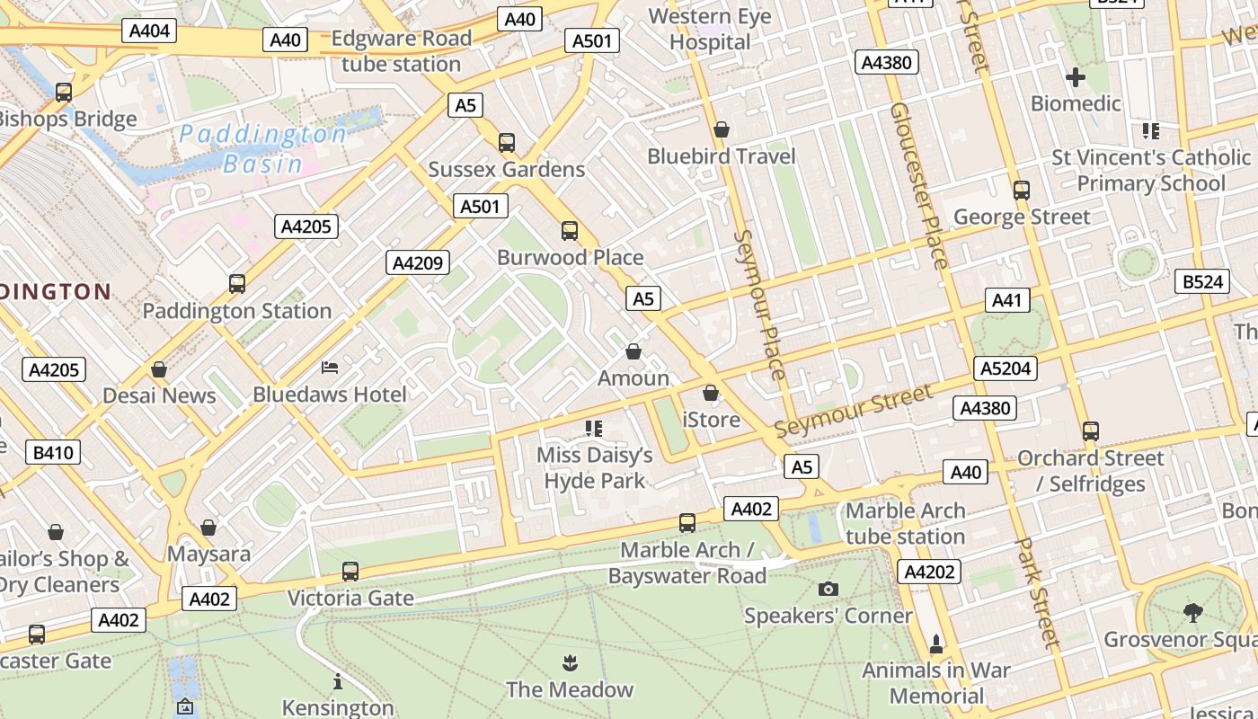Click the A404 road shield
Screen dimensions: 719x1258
(x=149, y=31)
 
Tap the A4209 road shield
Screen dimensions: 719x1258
(x=418, y=262)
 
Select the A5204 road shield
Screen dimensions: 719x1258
(x=1006, y=368)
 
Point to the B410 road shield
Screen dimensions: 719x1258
(x=53, y=452)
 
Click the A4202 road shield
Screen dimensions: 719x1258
(x=929, y=572)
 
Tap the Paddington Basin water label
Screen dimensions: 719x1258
(x=262, y=149)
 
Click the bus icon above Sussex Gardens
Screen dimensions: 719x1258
(x=507, y=143)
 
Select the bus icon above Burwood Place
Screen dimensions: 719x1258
(x=570, y=231)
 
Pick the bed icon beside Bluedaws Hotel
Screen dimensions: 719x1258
(x=330, y=367)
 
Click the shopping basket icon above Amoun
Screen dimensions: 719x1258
(x=633, y=351)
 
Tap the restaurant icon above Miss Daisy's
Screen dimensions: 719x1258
(x=593, y=428)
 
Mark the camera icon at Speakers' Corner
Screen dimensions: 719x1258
(x=828, y=589)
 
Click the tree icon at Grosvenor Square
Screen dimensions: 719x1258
(x=1193, y=613)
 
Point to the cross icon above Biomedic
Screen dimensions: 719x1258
(x=1076, y=77)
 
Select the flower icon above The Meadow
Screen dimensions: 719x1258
(x=569, y=663)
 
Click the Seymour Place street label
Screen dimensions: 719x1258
(x=760, y=305)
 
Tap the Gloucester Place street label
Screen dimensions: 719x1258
(x=918, y=185)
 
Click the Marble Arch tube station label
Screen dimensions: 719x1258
(x=905, y=523)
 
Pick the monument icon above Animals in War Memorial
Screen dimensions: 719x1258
(x=936, y=644)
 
